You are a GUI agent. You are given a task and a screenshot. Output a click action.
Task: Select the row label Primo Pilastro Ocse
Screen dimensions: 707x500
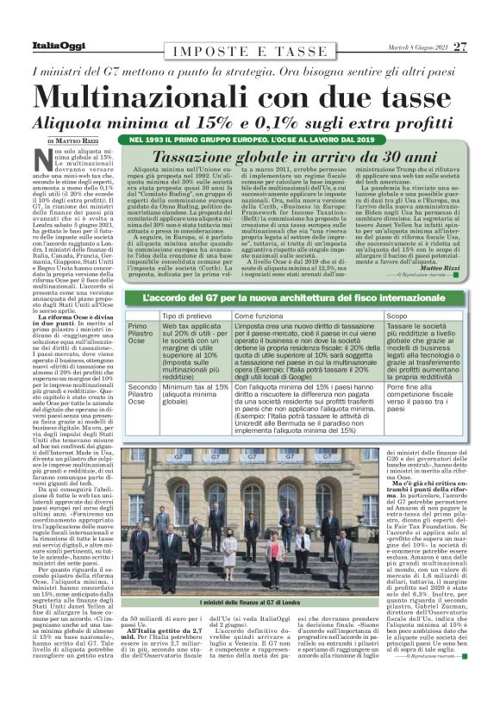tap(150, 338)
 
